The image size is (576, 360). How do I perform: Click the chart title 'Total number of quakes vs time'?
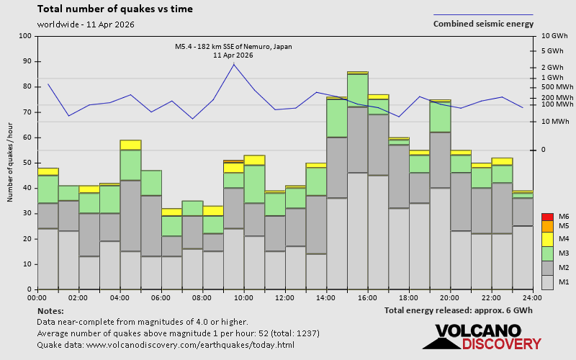(114, 9)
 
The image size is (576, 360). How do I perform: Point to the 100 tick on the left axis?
(26, 36)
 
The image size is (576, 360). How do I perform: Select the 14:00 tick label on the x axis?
(326, 297)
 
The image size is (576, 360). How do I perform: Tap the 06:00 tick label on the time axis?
(161, 297)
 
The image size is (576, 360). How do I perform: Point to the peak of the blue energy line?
(233, 64)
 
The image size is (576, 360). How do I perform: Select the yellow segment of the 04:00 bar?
(130, 145)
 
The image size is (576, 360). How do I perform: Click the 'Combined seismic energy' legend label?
(483, 24)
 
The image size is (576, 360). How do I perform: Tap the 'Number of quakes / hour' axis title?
(11, 163)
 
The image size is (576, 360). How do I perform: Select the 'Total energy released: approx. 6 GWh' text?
(459, 310)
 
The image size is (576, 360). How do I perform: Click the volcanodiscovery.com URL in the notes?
(165, 345)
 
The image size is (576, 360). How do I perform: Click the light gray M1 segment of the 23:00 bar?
(522, 257)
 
